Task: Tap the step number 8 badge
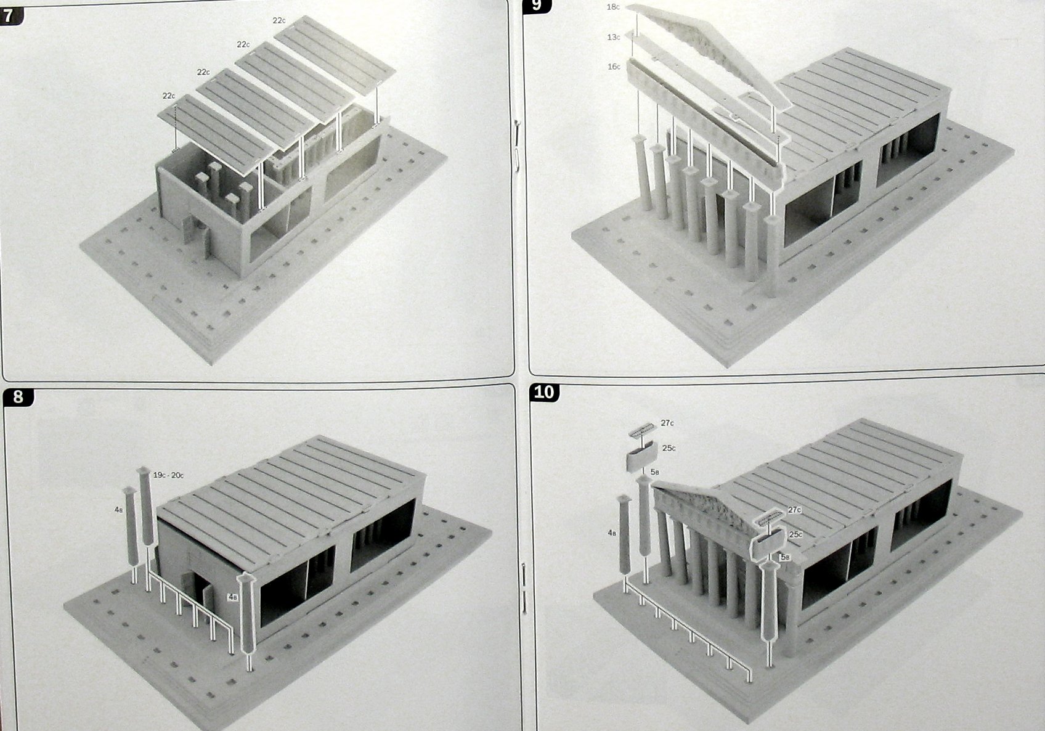click(18, 397)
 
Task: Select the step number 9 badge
click(537, 6)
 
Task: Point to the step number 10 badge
click(545, 393)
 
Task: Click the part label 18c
click(614, 7)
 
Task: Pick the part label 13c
click(614, 37)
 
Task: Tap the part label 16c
click(614, 67)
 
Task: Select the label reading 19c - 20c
click(168, 475)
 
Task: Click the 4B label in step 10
click(612, 533)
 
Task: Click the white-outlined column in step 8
click(247, 614)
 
